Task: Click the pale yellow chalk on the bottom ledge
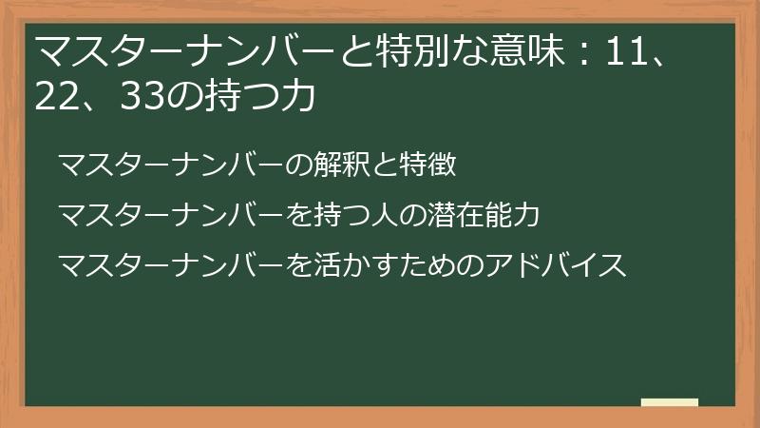(669, 402)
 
